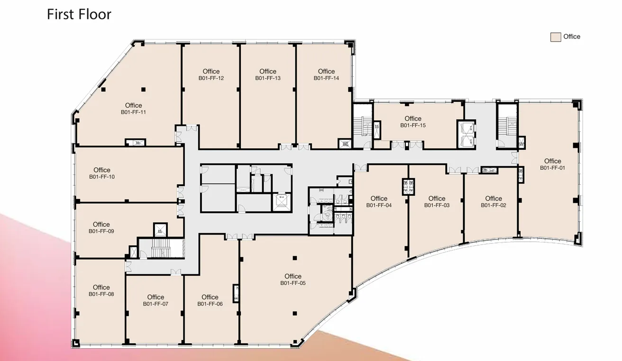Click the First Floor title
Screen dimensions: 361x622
pos(79,14)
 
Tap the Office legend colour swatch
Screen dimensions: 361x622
pos(555,37)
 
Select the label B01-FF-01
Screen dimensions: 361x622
pos(552,168)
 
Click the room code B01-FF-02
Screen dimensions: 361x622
pos(494,205)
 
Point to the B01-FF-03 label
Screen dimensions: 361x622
pos(437,205)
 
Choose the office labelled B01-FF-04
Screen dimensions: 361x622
pos(379,205)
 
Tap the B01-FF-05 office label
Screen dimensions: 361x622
pos(293,283)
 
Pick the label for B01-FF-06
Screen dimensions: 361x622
pos(210,304)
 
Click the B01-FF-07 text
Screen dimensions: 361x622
pos(155,304)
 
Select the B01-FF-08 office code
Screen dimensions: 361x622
pos(101,294)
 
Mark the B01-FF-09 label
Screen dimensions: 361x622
pos(101,231)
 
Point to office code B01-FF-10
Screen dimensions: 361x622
pos(102,177)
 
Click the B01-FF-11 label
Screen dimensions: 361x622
pos(133,112)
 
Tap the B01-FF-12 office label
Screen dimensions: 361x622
pos(211,78)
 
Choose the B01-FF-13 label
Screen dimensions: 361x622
pos(268,78)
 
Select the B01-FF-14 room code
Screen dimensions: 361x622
pos(326,78)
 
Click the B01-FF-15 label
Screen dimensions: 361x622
pos(413,126)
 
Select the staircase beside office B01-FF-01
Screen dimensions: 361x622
pos(507,124)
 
